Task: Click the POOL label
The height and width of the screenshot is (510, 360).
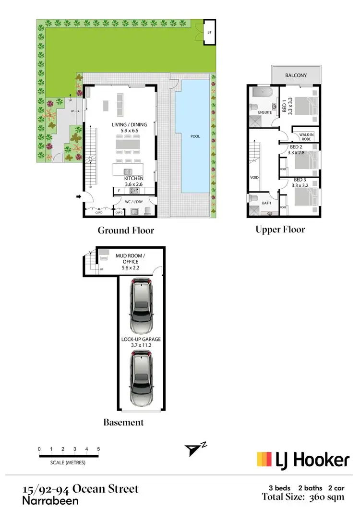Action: pyautogui.click(x=195, y=136)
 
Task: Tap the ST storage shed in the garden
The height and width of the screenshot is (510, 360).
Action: pyautogui.click(x=209, y=33)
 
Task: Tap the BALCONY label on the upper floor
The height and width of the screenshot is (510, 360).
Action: pyautogui.click(x=296, y=75)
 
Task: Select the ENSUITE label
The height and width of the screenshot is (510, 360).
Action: pyautogui.click(x=264, y=112)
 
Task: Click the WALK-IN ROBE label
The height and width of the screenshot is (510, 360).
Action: pyautogui.click(x=306, y=136)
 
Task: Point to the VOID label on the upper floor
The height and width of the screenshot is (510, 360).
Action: pyautogui.click(x=254, y=177)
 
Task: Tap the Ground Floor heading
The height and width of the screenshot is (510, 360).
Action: pyautogui.click(x=126, y=231)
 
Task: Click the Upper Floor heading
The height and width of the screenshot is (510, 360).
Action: pyautogui.click(x=280, y=230)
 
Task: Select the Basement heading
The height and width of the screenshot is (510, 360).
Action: pyautogui.click(x=123, y=423)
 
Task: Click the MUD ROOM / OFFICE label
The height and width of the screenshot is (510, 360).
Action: pyautogui.click(x=127, y=259)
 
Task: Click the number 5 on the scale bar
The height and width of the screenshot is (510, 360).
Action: pyautogui.click(x=98, y=449)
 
